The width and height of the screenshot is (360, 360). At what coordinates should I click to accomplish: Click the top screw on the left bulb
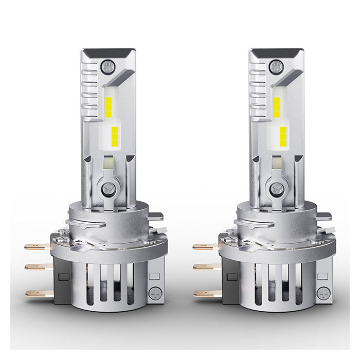coord(107,66)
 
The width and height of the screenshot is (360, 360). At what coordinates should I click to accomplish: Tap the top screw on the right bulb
coord(276,66)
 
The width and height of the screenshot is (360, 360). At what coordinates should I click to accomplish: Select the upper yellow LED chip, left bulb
coord(109,106)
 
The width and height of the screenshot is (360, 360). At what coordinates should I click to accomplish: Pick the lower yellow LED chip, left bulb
coord(115,135)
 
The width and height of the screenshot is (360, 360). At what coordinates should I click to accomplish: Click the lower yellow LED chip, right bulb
coord(283,135)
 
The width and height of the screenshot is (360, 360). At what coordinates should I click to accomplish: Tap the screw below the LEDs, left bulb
coord(108,188)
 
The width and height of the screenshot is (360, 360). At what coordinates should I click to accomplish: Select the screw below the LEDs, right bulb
coord(277,188)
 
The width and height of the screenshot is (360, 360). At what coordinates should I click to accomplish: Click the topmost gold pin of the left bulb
coord(38,247)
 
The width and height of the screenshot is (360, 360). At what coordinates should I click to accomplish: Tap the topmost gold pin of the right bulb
coord(206,247)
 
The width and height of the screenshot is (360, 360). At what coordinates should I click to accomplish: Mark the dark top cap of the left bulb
coord(107,53)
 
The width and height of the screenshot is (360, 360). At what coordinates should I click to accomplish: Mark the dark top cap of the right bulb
coord(276,53)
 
